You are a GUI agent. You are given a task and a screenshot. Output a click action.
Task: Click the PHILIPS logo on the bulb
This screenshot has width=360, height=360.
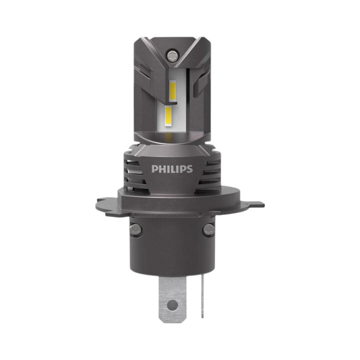pyautogui.click(x=172, y=169)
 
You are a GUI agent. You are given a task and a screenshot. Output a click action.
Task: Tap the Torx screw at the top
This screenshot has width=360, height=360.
pyautogui.click(x=172, y=55)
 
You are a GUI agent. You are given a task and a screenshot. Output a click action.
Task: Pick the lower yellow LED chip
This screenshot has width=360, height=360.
pyautogui.click(x=168, y=116)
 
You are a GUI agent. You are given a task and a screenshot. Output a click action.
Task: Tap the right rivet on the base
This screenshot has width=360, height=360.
pyautogui.click(x=208, y=229)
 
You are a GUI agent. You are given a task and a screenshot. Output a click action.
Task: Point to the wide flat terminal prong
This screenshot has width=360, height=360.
pyautogui.click(x=172, y=299)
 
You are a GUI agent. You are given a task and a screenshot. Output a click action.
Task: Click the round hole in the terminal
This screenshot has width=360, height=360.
pyautogui.click(x=172, y=305)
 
